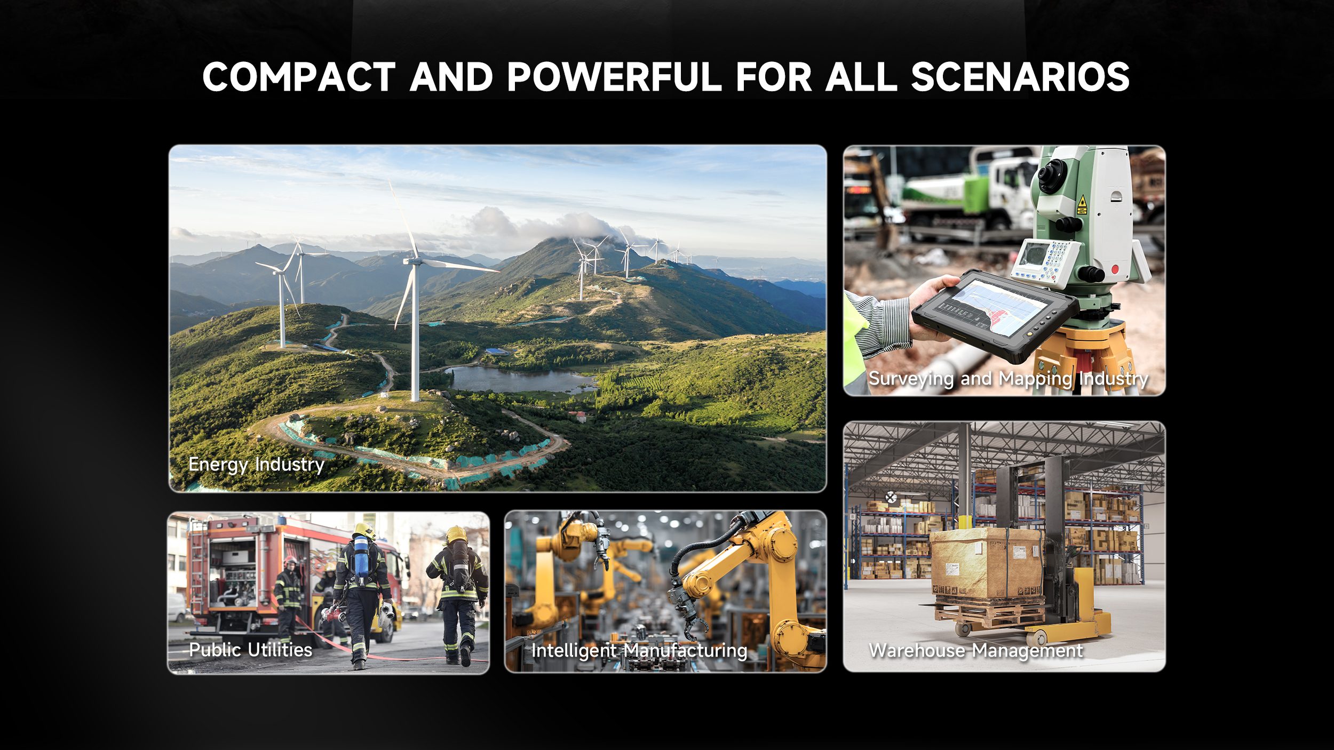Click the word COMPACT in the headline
pyautogui.click(x=299, y=77)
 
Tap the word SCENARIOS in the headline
pyautogui.click(x=1020, y=77)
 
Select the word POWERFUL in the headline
pyautogui.click(x=614, y=77)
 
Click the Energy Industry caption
pyautogui.click(x=256, y=465)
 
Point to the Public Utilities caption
pyautogui.click(x=251, y=650)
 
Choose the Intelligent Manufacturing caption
pyautogui.click(x=639, y=651)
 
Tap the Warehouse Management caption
pyautogui.click(x=976, y=651)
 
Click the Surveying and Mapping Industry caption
pyautogui.click(x=1009, y=379)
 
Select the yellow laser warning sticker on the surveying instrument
pyautogui.click(x=1082, y=205)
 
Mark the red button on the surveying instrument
pyautogui.click(x=1115, y=269)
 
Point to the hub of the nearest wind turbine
pyautogui.click(x=414, y=261)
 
